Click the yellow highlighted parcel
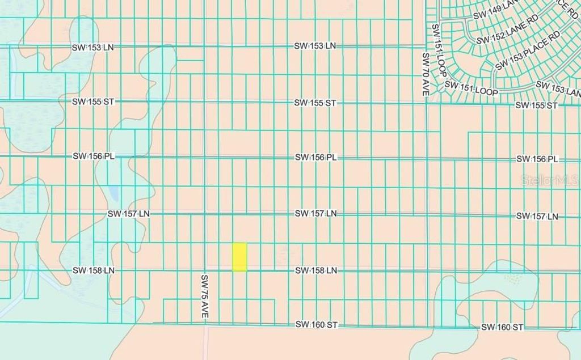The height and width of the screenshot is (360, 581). coord(239,257)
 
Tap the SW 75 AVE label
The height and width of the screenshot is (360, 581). coord(205,297)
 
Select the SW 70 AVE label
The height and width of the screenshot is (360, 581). coord(426,74)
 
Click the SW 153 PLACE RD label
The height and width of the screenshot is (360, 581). coord(527,50)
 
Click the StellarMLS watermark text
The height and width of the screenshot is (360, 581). coord(550,180)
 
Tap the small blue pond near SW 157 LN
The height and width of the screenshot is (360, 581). coord(113,194)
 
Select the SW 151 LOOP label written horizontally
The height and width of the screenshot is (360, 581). coord(471,88)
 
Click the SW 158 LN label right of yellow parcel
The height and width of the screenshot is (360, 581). coord(316,271)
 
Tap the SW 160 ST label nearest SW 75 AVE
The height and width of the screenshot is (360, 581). coord(317,324)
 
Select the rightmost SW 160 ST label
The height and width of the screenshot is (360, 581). coord(502,327)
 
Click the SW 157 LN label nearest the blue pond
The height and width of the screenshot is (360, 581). coord(129,214)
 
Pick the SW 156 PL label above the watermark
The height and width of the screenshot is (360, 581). coord(537,159)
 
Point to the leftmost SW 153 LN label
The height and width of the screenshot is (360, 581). coord(92,47)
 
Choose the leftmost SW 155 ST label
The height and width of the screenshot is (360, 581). coord(93,101)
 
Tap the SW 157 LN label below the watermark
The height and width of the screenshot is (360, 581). coord(537,216)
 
